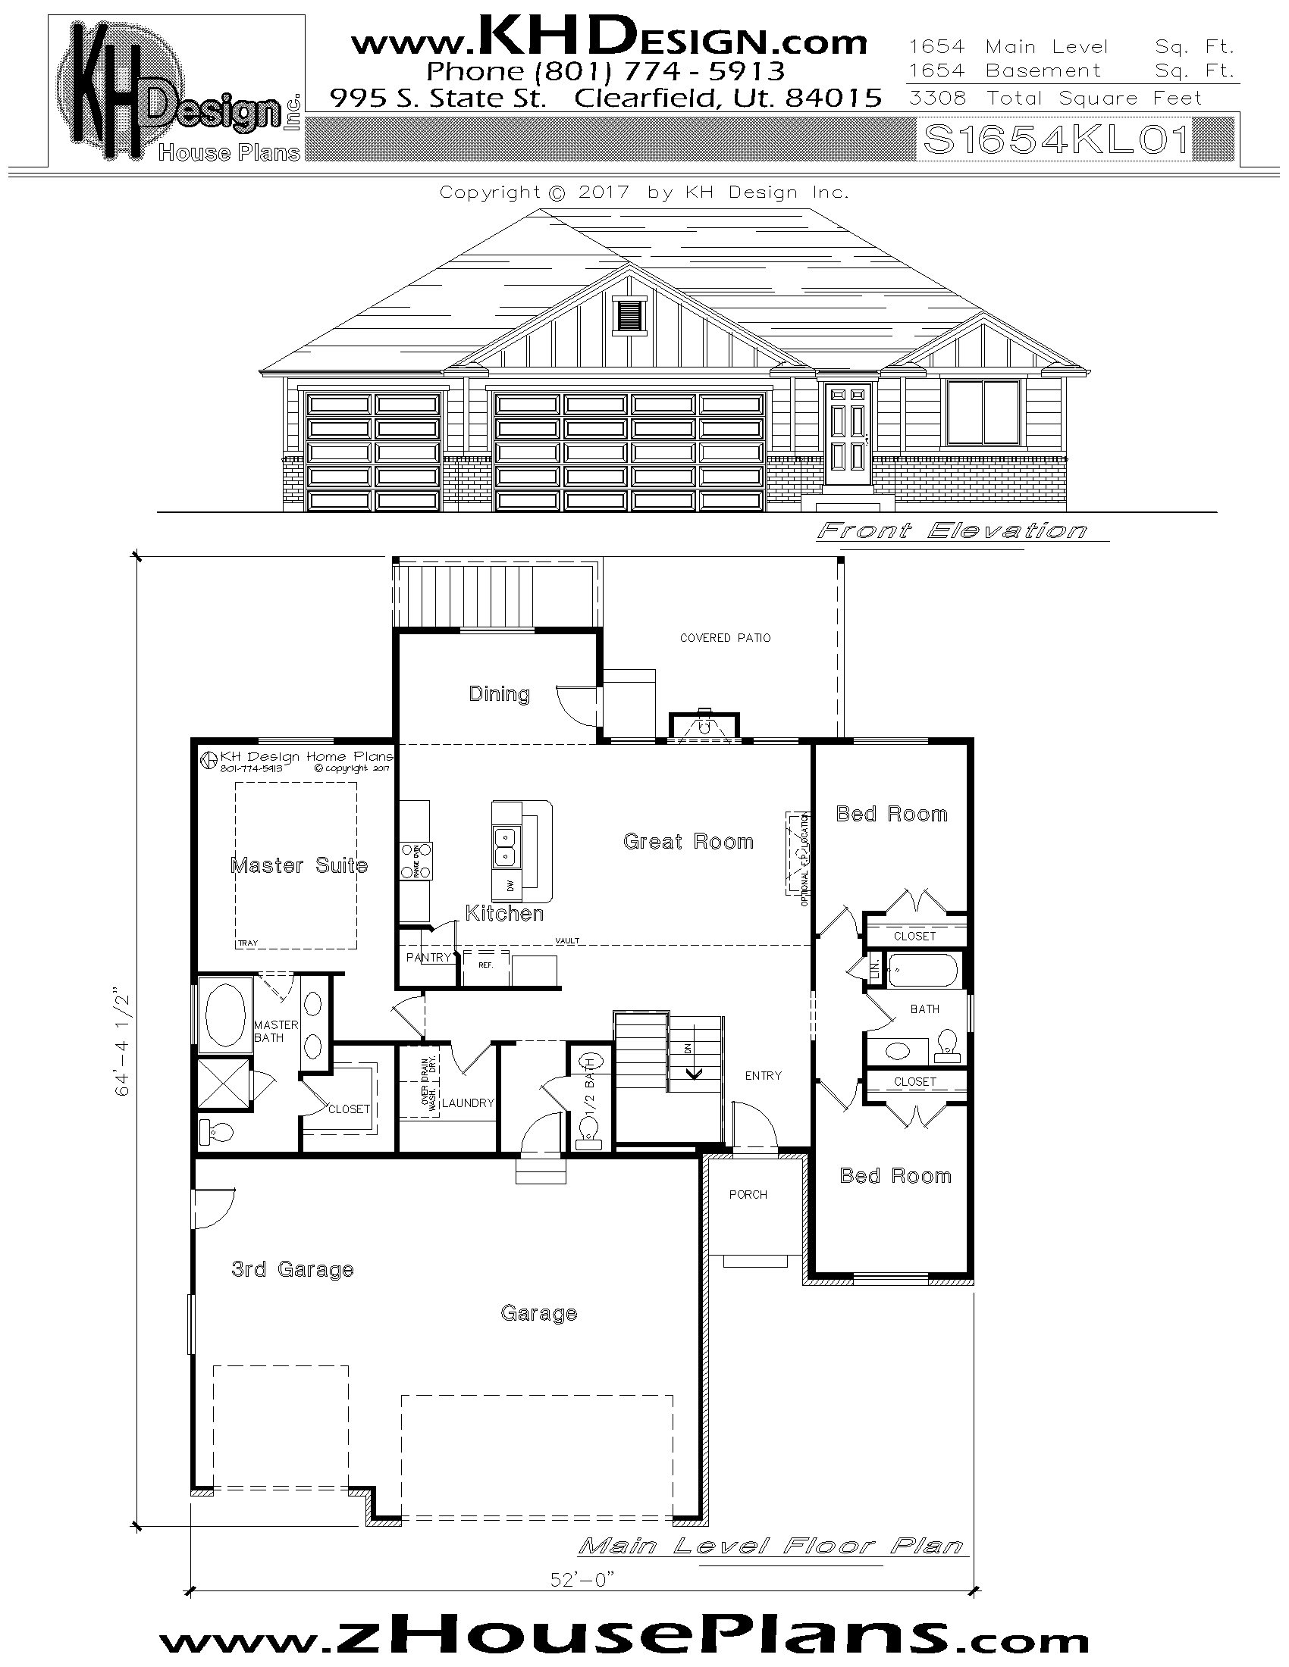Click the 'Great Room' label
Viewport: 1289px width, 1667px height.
click(x=688, y=841)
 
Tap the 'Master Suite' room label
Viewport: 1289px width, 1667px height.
click(x=299, y=865)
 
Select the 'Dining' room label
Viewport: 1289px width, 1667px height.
click(x=499, y=694)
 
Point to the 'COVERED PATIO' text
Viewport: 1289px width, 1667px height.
click(x=725, y=637)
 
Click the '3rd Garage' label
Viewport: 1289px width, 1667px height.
click(x=293, y=1269)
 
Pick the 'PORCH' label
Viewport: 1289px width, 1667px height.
click(x=748, y=1194)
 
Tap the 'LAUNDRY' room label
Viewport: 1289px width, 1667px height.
click(x=467, y=1103)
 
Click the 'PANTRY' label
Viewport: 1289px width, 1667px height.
click(x=428, y=957)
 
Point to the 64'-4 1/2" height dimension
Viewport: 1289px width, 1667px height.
click(x=123, y=1045)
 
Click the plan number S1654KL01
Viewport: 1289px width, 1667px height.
click(x=1056, y=140)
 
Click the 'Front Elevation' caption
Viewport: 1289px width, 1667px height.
click(x=952, y=530)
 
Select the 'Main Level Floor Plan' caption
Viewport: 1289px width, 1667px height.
click(x=770, y=1547)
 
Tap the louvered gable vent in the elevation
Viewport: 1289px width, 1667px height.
click(x=629, y=315)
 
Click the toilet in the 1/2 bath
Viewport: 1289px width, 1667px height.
click(x=589, y=1133)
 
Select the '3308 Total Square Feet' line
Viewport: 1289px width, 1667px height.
click(x=1055, y=99)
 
